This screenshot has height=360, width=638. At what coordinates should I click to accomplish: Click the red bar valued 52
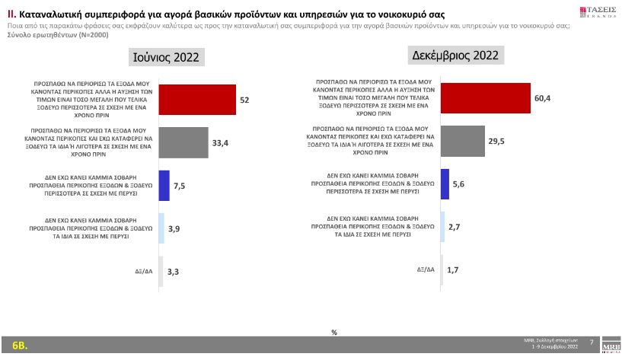pyautogui.click(x=196, y=100)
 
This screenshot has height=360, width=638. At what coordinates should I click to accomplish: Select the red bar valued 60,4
pyautogui.click(x=485, y=98)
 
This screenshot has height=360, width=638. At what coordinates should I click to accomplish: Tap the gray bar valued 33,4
pyautogui.click(x=183, y=142)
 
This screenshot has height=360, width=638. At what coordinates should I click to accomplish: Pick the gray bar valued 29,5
pyautogui.click(x=467, y=141)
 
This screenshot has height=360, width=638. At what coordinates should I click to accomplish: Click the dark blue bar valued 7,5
pyautogui.click(x=163, y=185)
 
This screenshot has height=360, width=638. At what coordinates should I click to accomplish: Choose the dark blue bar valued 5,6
pyautogui.click(x=445, y=184)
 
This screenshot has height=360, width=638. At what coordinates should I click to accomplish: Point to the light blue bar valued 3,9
pyautogui.click(x=161, y=228)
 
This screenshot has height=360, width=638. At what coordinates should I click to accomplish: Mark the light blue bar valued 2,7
pyautogui.click(x=442, y=227)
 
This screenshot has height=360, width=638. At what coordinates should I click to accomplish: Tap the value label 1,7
pyautogui.click(x=452, y=270)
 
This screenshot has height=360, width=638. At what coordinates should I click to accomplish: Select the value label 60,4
pyautogui.click(x=542, y=98)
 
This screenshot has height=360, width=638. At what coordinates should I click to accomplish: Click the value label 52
pyautogui.click(x=245, y=100)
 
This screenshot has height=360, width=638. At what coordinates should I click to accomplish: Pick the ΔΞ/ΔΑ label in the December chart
pyautogui.click(x=426, y=270)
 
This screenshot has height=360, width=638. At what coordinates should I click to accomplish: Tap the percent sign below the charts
pyautogui.click(x=334, y=332)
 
